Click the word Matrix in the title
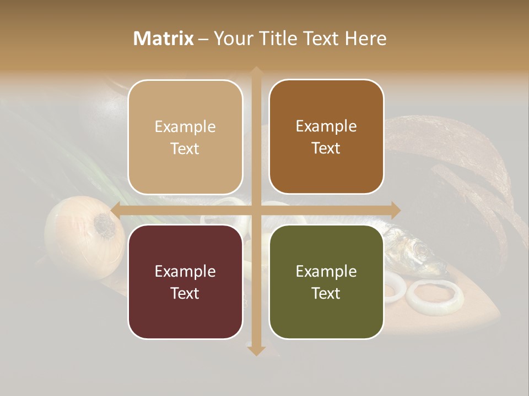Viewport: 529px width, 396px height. pos(164,38)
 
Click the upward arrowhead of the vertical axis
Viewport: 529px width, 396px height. pos(256,71)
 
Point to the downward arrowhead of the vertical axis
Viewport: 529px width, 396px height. pos(256,350)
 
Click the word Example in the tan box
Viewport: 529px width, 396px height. pos(185,127)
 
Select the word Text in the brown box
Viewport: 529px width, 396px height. pos(326,148)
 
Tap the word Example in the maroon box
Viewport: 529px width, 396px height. pos(185,272)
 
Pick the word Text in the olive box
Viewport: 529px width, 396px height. pos(326,294)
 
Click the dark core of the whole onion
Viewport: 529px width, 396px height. pos(104,225)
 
